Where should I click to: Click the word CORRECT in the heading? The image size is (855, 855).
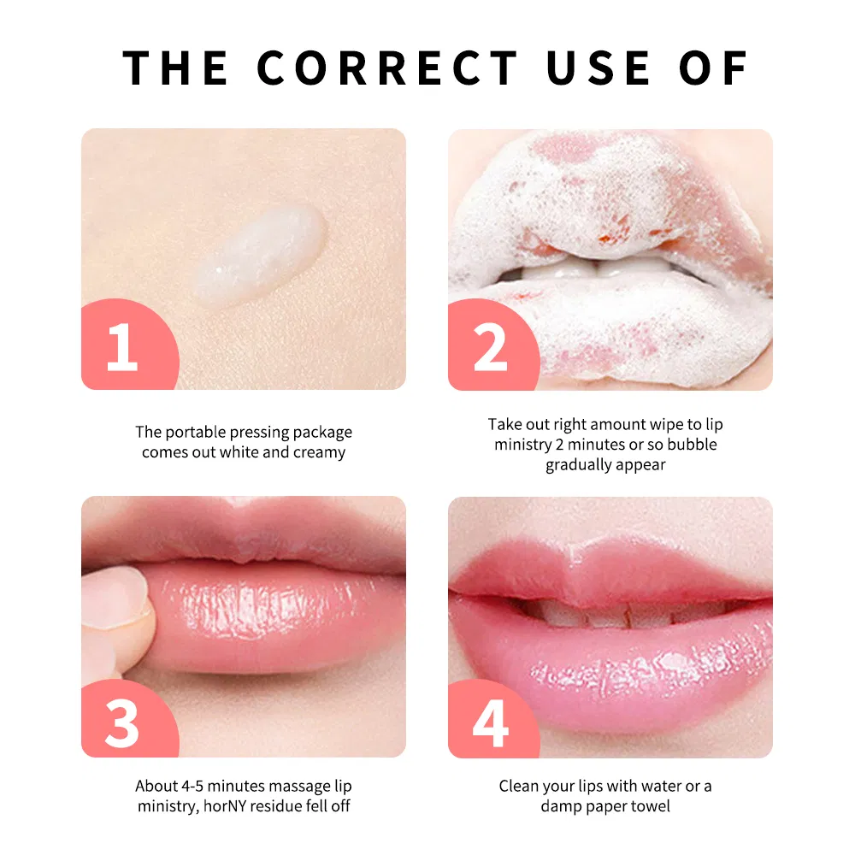387,68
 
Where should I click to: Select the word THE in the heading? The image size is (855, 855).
176,68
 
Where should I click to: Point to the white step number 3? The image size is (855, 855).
121,722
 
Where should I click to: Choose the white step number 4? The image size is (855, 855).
490,722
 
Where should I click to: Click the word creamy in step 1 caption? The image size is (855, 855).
319,453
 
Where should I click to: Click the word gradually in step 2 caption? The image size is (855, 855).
580,465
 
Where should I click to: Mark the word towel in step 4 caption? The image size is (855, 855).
652,806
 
